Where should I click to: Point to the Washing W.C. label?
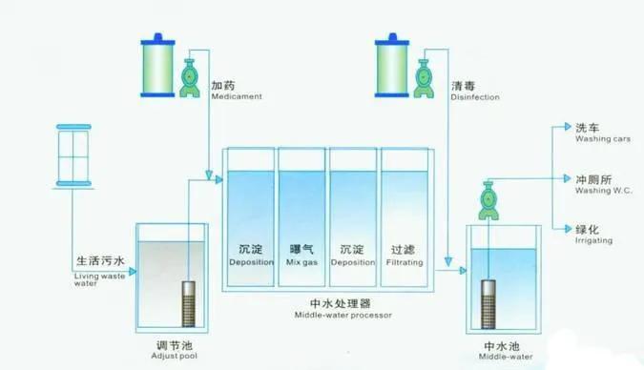click(x=603, y=183)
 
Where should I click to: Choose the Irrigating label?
click(x=593, y=235)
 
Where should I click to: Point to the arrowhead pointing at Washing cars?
click(x=568, y=127)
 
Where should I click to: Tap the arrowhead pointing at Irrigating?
click(x=568, y=229)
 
